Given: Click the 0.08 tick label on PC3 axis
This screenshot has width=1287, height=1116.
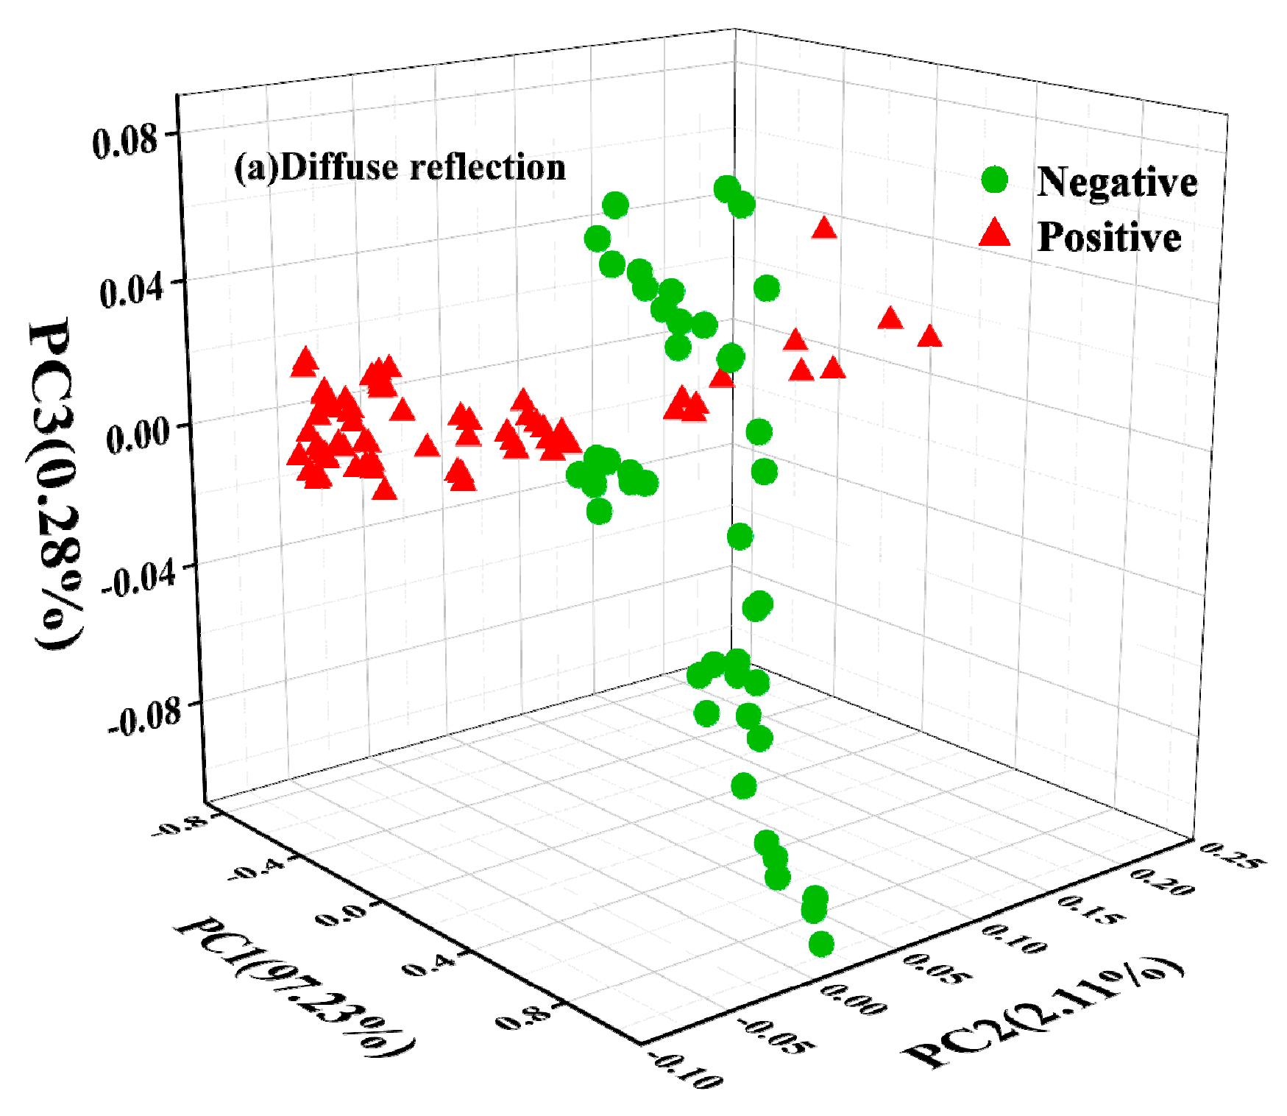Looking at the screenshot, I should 124,141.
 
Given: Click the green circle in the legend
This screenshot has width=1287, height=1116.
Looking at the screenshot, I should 996,180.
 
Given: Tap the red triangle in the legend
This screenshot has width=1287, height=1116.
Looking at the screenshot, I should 996,234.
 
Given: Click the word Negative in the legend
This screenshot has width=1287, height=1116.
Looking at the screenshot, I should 1117,181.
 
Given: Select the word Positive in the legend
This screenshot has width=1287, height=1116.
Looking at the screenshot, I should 1109,237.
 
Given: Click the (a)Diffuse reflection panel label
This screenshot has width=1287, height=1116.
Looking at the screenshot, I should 400,167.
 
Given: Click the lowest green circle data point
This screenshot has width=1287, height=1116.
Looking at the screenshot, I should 821,944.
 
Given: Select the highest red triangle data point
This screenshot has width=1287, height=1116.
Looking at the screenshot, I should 825,228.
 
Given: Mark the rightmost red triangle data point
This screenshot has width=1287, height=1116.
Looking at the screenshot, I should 930,336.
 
